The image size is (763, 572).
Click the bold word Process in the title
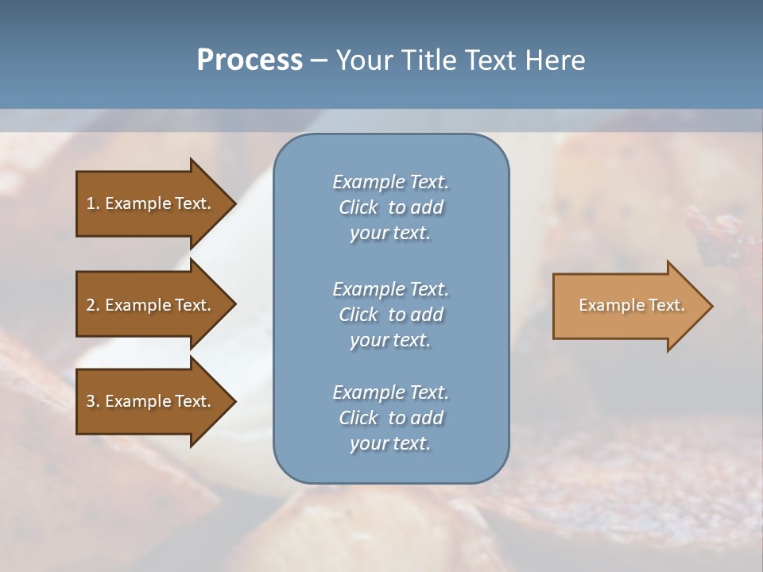tap(250, 60)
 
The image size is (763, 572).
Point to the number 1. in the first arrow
tap(93, 203)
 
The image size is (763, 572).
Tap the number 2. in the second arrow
tap(93, 305)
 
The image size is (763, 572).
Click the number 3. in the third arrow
tap(93, 401)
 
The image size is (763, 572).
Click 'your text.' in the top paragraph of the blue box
tap(390, 234)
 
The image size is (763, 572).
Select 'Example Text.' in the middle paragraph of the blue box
tap(390, 289)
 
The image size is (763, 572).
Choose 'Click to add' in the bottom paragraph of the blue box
tap(390, 418)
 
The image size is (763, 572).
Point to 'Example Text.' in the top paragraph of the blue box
tap(390, 183)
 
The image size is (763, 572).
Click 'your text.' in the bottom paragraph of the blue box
tap(390, 443)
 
